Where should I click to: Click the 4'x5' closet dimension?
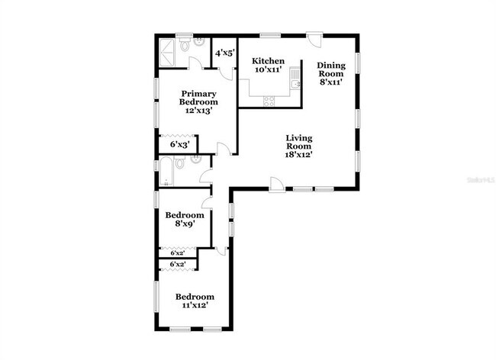[224, 53]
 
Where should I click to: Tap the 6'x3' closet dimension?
[179, 143]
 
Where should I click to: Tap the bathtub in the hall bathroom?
[164, 172]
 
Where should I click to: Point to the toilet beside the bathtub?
[179, 162]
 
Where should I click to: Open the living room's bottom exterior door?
[276, 184]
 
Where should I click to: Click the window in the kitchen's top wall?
[269, 35]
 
